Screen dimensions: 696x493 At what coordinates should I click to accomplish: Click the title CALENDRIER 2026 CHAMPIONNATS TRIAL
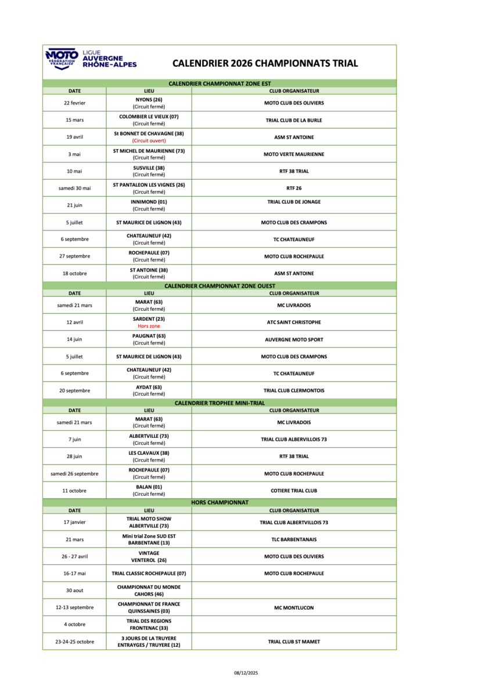(x=265, y=63)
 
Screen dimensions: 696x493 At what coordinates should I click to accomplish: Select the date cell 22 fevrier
(x=74, y=103)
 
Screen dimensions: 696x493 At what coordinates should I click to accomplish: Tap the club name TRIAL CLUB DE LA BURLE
(x=294, y=120)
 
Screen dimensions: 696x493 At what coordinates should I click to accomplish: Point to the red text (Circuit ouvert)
(x=149, y=140)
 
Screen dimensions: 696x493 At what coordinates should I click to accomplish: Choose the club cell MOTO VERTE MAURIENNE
(x=294, y=154)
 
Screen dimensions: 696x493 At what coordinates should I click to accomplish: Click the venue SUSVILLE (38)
(x=149, y=168)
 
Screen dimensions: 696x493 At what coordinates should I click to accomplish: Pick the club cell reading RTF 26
(x=294, y=188)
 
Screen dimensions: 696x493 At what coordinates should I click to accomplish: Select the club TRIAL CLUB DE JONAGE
(x=294, y=202)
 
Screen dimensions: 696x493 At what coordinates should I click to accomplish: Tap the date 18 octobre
(x=74, y=273)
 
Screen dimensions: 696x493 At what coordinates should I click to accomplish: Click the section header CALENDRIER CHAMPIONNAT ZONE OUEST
(x=219, y=286)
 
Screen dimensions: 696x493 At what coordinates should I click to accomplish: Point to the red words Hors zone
(x=149, y=326)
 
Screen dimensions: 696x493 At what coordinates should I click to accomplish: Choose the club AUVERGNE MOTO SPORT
(x=294, y=339)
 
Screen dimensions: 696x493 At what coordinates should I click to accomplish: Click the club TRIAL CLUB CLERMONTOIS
(x=294, y=390)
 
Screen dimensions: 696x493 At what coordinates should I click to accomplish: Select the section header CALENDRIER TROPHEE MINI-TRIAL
(x=219, y=403)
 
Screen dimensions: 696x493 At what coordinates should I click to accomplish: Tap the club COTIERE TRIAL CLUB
(x=294, y=491)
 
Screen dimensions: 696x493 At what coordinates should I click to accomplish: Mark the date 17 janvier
(x=74, y=522)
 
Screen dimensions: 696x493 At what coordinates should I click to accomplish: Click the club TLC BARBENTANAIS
(x=294, y=539)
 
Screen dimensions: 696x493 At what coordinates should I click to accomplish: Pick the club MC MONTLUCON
(x=294, y=608)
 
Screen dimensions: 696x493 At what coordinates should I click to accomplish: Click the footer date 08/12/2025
(x=246, y=673)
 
